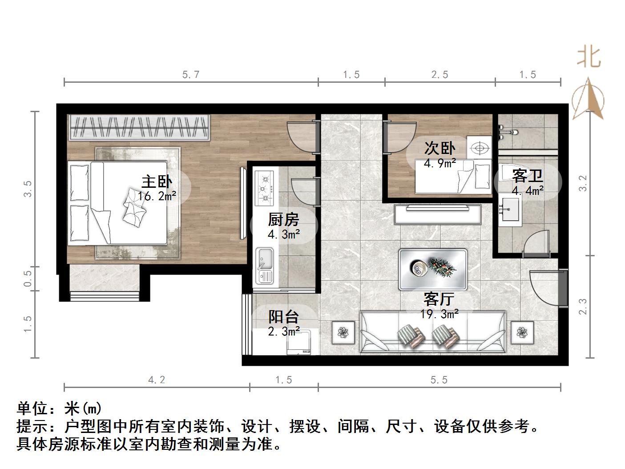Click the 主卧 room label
[x=157, y=182]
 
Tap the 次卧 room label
[x=440, y=148]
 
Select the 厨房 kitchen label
[x=284, y=220]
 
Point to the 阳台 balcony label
[x=284, y=317]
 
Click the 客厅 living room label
[x=439, y=299]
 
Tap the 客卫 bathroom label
[x=527, y=176]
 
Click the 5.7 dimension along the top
[x=191, y=75]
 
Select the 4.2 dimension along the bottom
[x=156, y=380]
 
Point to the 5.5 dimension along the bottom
[x=439, y=380]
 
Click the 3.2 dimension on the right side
[x=583, y=183]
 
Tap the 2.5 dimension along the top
[x=440, y=75]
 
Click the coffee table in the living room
[x=432, y=269]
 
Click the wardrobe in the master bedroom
[x=139, y=128]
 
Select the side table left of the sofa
[x=343, y=332]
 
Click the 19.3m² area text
[x=440, y=314]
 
